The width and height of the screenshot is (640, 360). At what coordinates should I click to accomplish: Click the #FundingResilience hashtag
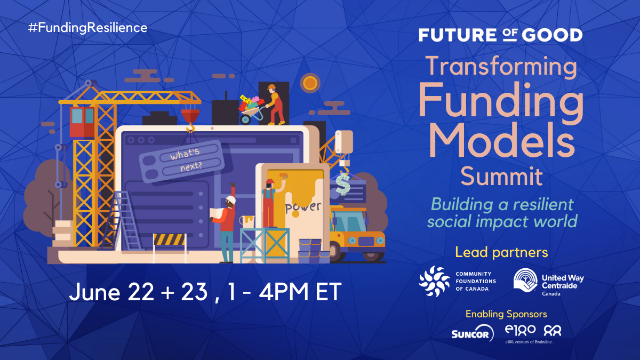coord(87,28)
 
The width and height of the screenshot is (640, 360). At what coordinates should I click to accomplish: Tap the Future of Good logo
coord(501,35)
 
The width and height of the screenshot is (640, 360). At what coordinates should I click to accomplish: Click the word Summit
coord(502,177)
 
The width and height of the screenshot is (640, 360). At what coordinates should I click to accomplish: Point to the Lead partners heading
coord(501,252)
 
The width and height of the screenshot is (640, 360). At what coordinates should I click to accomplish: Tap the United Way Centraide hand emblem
coord(525,281)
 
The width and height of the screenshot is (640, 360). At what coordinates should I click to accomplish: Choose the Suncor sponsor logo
coord(473,333)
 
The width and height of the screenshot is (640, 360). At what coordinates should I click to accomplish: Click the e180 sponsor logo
coord(520,330)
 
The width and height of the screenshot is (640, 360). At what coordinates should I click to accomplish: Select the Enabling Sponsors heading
coord(506,314)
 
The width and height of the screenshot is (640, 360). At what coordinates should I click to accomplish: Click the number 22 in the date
coord(141,292)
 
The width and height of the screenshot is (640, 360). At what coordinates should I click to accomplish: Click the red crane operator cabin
coord(82,122)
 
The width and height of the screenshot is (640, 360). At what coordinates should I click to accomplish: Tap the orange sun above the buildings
coord(310,83)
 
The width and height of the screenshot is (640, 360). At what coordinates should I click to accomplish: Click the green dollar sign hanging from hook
coord(342,183)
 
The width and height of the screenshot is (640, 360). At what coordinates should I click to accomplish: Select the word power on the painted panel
coord(303,207)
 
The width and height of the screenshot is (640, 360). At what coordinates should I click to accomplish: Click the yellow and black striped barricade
coord(170,239)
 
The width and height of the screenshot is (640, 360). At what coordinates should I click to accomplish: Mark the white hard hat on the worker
coord(231,199)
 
